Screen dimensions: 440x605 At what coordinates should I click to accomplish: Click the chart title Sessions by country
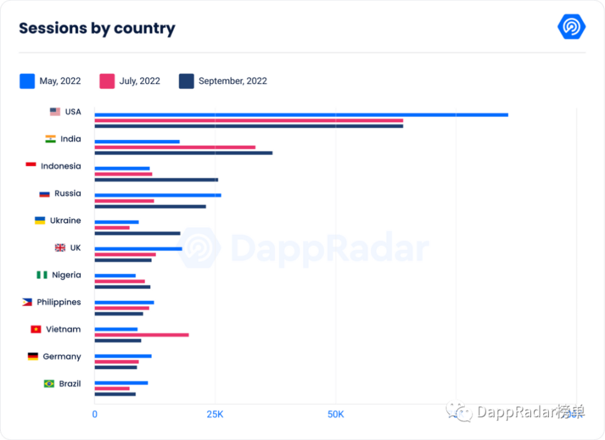pos(97,29)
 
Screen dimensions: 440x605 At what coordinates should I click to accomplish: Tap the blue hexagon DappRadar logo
pos(571,27)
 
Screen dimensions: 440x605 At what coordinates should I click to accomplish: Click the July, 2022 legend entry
pos(130,81)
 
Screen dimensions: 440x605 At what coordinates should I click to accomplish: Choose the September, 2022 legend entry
pos(223,81)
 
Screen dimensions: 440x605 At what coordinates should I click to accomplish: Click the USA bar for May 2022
pos(301,115)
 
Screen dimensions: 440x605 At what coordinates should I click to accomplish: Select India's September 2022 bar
pos(183,153)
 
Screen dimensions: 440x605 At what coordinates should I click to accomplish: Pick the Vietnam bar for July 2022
pos(141,335)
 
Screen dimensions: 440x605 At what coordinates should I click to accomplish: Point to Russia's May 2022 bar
pos(157,195)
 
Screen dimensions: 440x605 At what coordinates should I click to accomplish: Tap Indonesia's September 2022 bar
pos(156,180)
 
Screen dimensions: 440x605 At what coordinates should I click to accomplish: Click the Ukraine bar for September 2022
pos(137,233)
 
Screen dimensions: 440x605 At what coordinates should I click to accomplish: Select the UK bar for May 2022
pos(138,249)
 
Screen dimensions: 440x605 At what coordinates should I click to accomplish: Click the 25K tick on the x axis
pos(215,414)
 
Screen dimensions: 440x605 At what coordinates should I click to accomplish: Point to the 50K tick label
pos(335,414)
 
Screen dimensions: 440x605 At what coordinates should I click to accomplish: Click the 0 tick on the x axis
pos(95,414)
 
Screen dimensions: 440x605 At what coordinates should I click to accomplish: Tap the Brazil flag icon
pos(49,383)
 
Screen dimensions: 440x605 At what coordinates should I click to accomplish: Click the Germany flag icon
pos(33,357)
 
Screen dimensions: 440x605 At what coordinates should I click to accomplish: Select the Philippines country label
pos(59,302)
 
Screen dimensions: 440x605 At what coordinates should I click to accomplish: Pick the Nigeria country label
pos(66,275)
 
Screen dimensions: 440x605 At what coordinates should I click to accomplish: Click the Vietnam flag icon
pos(35,329)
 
